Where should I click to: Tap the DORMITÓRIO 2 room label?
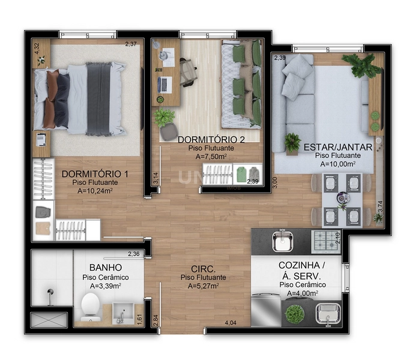pyautogui.click(x=203, y=140)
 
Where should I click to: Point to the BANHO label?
pyautogui.click(x=106, y=268)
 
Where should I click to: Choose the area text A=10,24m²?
pyautogui.click(x=95, y=191)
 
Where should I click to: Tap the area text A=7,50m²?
pyautogui.click(x=203, y=157)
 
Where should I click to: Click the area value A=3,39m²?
pyautogui.click(x=105, y=286)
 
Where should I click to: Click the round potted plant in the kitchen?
pyautogui.click(x=294, y=313)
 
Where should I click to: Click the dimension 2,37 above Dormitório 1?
pyautogui.click(x=131, y=44)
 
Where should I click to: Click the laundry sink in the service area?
pyautogui.click(x=328, y=312)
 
